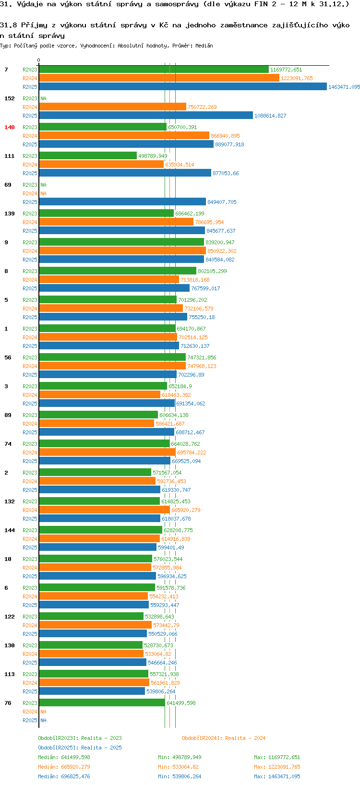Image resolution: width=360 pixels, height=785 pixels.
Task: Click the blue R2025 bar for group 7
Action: point(182,86)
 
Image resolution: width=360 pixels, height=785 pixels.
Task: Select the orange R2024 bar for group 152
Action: point(112,107)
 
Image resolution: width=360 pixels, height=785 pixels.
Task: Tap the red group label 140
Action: point(10,127)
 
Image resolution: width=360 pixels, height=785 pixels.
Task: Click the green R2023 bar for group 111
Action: point(88,155)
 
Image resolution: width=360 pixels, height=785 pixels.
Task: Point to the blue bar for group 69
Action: point(122,202)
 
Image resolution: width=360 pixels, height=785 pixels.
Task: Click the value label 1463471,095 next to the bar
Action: point(344,87)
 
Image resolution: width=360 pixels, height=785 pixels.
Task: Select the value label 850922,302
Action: point(222,251)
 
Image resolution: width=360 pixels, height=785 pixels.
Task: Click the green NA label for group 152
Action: point(43,98)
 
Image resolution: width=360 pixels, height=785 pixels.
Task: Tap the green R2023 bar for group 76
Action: point(102,702)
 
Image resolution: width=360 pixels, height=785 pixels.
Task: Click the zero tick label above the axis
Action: point(38,60)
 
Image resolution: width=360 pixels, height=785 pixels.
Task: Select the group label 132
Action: point(10,501)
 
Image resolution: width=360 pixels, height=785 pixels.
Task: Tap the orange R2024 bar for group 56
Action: point(112,366)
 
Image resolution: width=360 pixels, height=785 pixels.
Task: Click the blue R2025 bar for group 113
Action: point(92,691)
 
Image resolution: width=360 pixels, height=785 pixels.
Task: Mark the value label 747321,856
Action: point(202,357)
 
